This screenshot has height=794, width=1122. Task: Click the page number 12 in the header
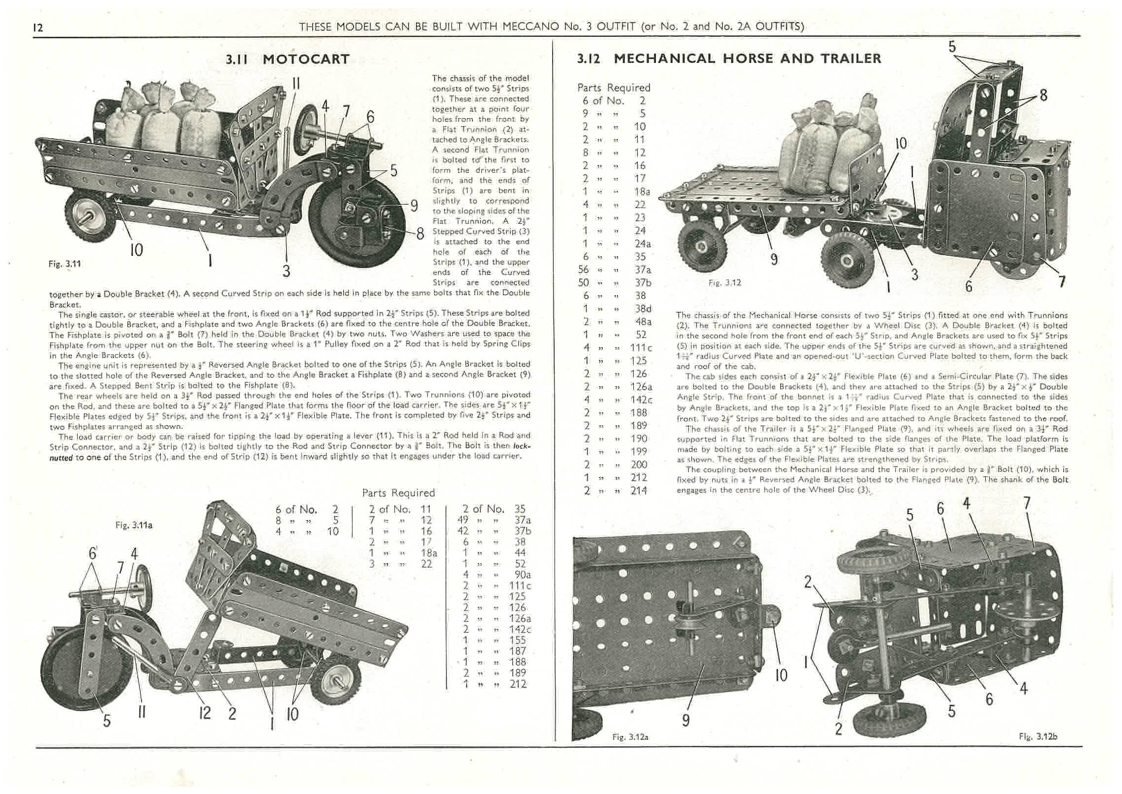(x=38, y=28)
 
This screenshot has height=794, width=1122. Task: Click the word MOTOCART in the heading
(x=306, y=60)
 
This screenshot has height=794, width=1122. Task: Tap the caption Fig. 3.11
(x=64, y=264)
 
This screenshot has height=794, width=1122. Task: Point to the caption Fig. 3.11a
(x=134, y=525)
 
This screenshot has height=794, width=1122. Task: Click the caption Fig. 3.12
(x=725, y=283)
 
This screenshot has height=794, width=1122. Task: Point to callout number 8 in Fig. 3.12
(x=1043, y=94)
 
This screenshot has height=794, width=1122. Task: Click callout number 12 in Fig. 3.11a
(x=204, y=713)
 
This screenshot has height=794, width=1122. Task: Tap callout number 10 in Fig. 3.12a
(x=781, y=675)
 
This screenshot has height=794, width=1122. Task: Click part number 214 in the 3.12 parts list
(x=639, y=490)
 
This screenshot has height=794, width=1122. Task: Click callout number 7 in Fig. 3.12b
(x=1026, y=503)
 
